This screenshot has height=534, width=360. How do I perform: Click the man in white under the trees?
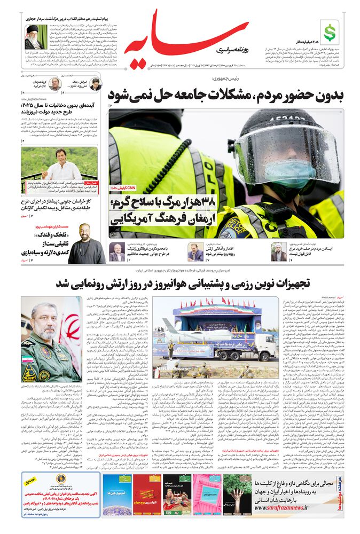(60, 168)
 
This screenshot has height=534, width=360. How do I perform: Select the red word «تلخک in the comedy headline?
(46, 234)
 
